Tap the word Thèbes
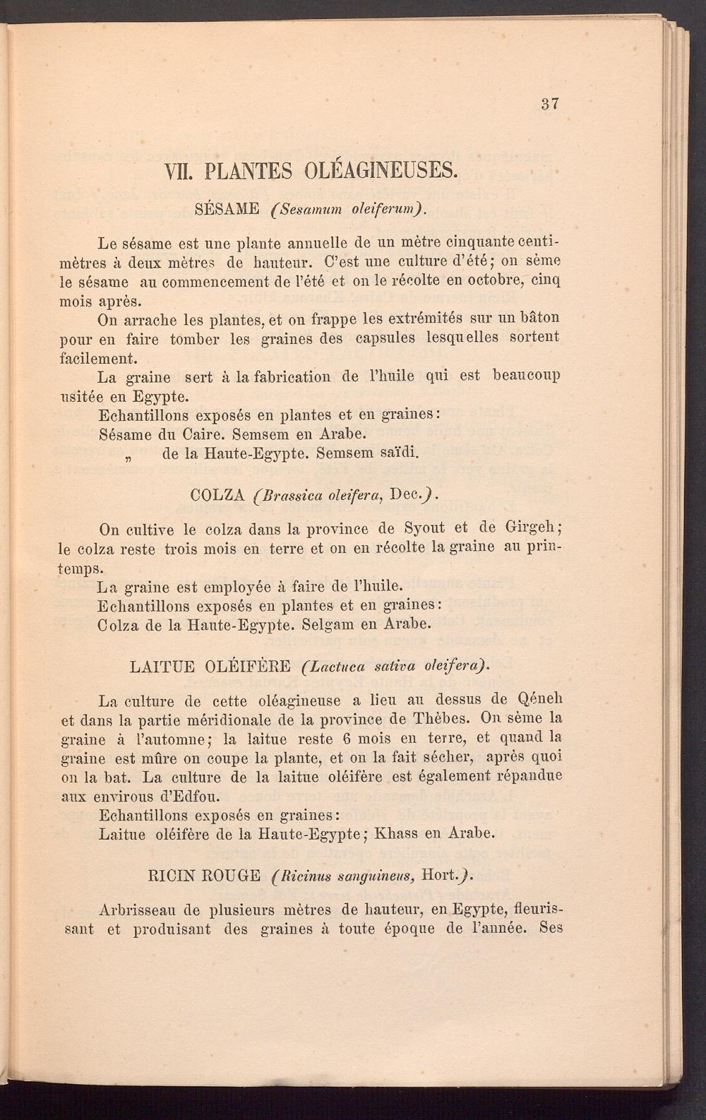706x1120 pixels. [x=439, y=719]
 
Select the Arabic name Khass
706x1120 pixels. [x=400, y=833]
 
